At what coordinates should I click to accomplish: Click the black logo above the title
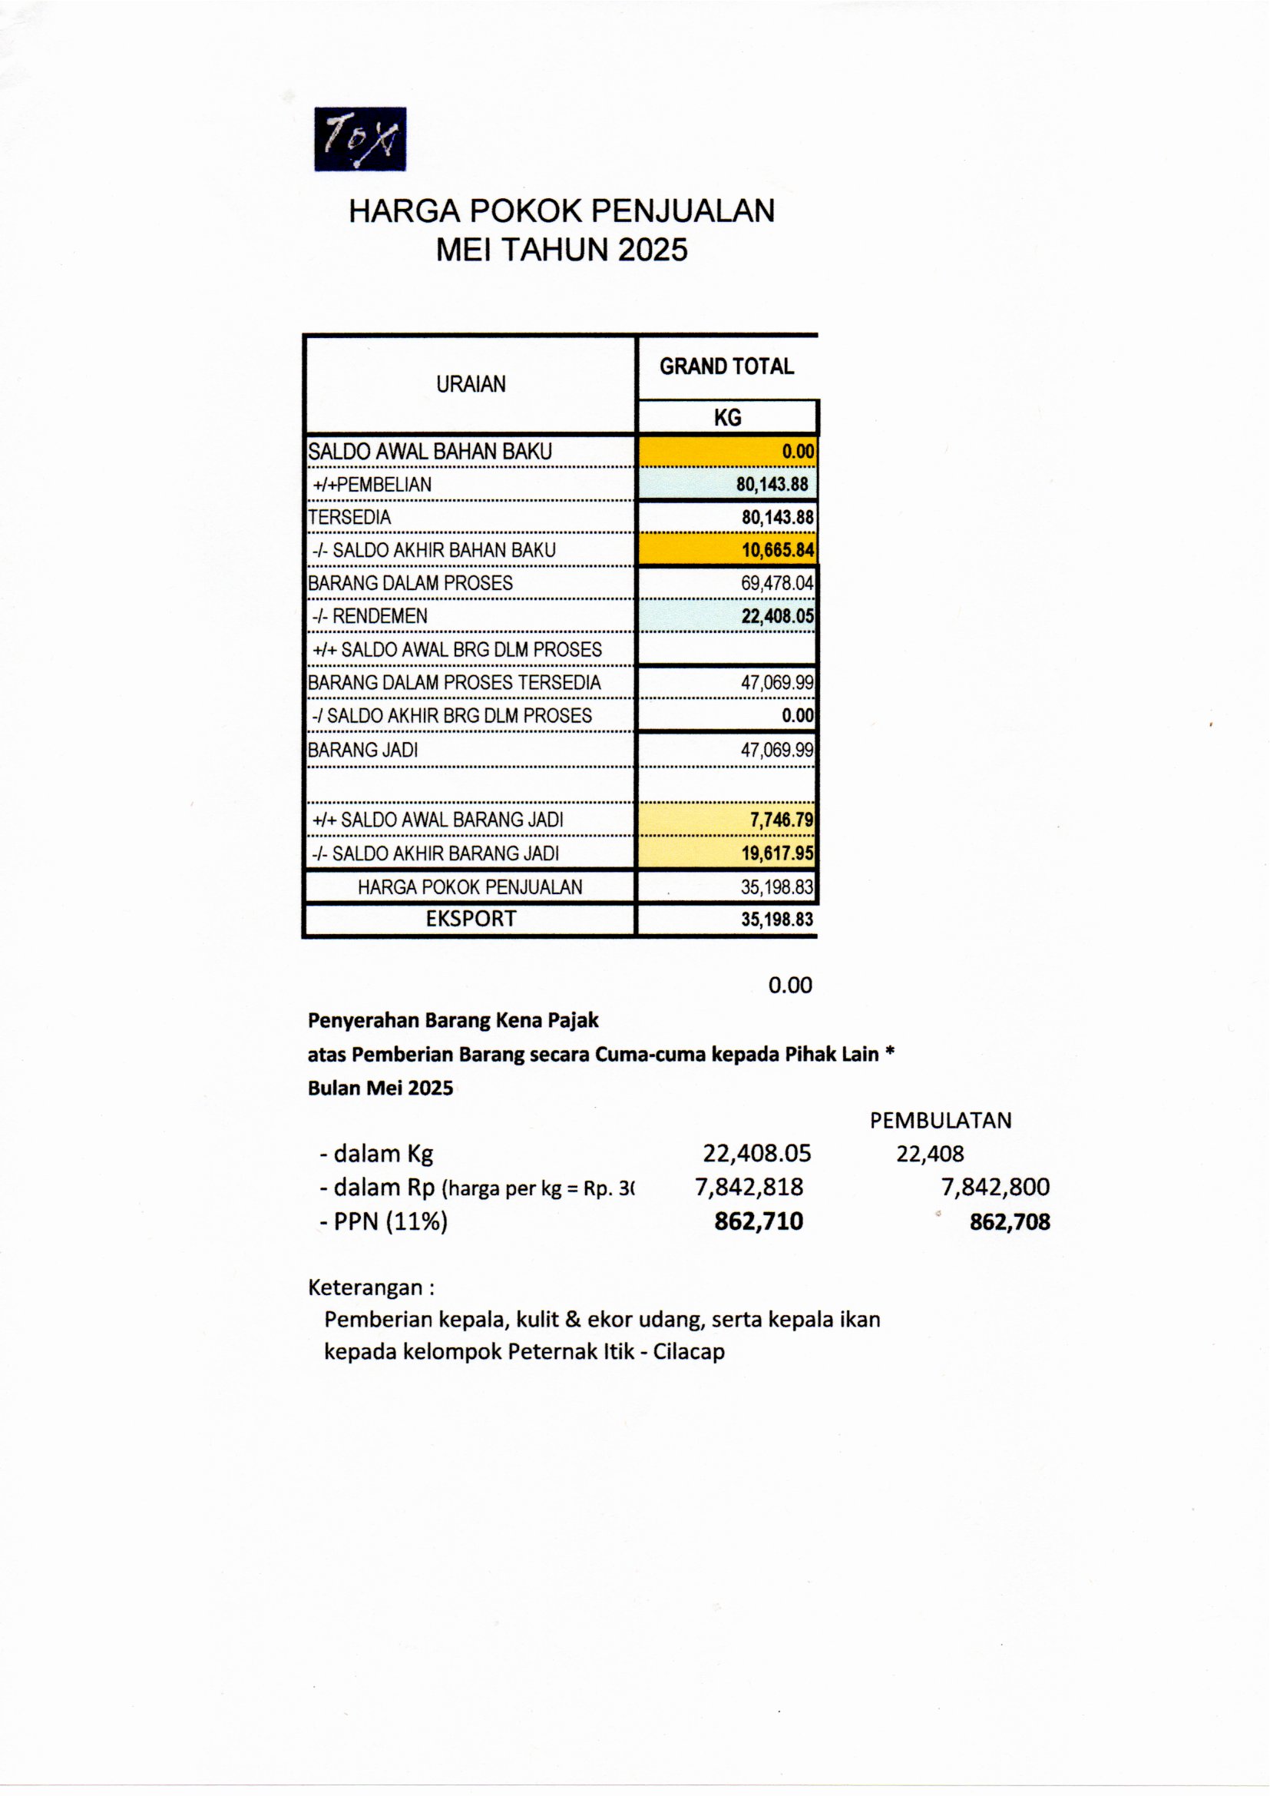click(359, 139)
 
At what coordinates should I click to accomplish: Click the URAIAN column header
click(471, 384)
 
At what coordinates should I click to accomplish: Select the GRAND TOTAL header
click(726, 366)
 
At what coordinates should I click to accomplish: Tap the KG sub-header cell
click(727, 418)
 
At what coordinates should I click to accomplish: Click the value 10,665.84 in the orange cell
click(777, 550)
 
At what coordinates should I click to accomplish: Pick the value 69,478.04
click(776, 583)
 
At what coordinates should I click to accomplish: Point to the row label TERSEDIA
click(349, 517)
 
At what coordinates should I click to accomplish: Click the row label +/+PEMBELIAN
click(372, 484)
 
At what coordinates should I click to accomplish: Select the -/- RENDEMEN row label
click(370, 616)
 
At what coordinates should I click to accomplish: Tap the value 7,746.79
click(781, 820)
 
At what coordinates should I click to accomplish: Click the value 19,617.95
click(777, 853)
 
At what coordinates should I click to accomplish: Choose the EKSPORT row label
click(471, 919)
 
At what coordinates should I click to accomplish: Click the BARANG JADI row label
click(363, 751)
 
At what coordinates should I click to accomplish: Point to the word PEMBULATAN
click(940, 1120)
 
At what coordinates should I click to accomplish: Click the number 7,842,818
click(749, 1188)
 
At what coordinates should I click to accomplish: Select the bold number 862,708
click(1009, 1222)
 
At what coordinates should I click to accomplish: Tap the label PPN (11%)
click(390, 1221)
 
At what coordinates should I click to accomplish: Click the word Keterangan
click(365, 1287)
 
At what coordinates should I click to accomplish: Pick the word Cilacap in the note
click(689, 1352)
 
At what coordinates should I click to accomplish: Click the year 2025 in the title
click(652, 250)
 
